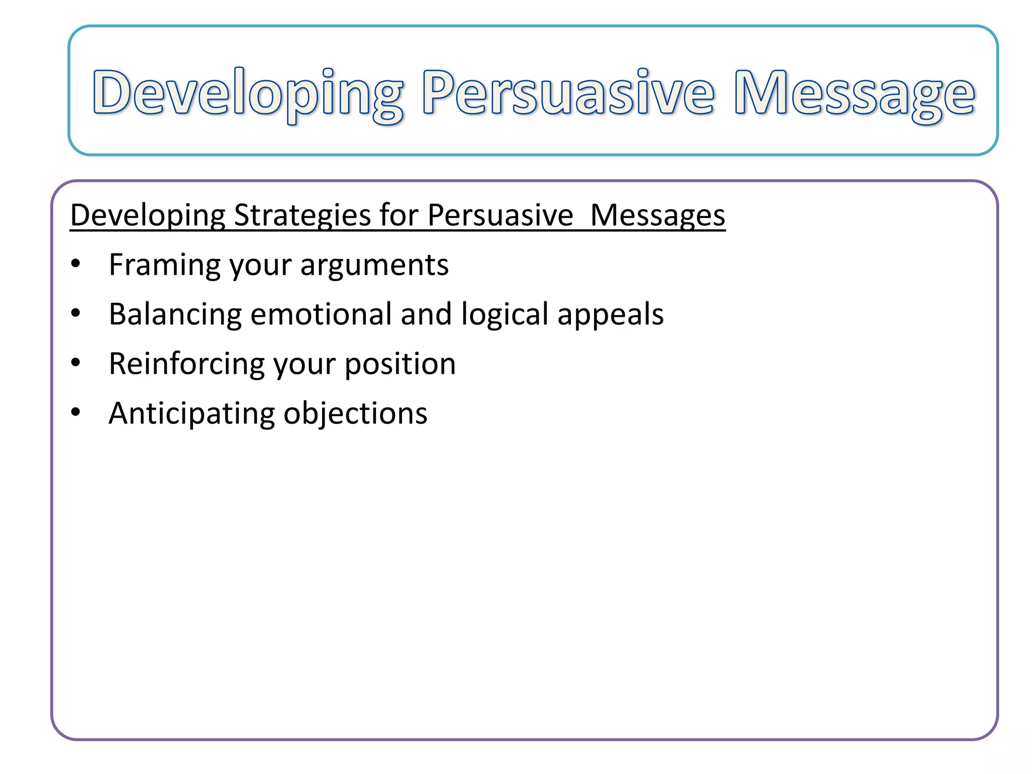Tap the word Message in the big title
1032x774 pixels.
[854, 93]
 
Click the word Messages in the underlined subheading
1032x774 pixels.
[657, 216]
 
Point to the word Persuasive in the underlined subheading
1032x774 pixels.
[500, 216]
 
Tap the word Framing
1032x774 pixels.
[164, 265]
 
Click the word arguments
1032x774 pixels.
[374, 266]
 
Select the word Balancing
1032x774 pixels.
[175, 315]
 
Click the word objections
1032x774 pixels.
[355, 414]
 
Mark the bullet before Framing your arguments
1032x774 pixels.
[76, 264]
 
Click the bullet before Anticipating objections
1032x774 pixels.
[76, 412]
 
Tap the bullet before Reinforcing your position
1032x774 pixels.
[76, 363]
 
